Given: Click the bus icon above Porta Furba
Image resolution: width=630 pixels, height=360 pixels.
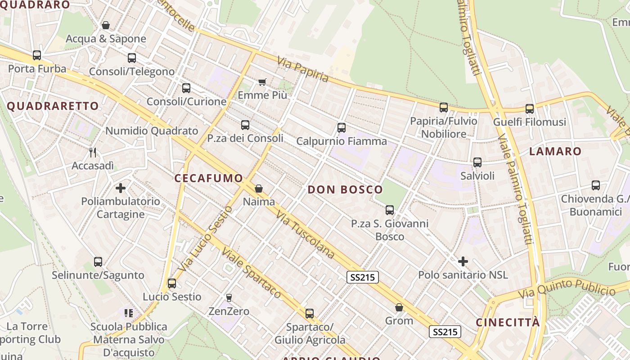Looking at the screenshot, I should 37,55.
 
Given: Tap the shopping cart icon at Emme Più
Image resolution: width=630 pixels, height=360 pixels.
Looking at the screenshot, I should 262,82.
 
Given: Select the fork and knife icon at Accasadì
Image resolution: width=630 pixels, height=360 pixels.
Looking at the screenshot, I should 93,153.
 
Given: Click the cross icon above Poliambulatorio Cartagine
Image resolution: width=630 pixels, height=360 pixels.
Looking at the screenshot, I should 121,188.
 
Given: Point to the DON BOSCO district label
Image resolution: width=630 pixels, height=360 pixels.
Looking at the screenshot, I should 345,189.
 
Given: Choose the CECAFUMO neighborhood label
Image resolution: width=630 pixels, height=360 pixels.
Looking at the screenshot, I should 209,178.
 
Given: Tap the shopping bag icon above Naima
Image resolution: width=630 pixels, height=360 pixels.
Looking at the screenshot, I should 259,188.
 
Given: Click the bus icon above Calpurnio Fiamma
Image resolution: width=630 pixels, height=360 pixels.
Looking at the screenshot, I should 342,128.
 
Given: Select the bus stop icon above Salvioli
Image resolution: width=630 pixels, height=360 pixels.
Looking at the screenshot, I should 477,162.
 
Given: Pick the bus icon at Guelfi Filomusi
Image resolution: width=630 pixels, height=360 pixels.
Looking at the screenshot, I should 530,108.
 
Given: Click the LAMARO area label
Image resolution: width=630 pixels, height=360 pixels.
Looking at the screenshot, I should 555,151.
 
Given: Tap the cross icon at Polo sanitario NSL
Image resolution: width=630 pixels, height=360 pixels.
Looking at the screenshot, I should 463,261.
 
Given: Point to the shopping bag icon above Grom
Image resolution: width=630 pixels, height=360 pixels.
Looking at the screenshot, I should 399,308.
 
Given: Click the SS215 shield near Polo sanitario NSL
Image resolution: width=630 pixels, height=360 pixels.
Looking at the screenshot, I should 363,277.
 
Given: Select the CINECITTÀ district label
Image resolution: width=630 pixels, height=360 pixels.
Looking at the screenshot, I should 508,323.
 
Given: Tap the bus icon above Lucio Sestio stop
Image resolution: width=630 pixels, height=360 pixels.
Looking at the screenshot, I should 172,283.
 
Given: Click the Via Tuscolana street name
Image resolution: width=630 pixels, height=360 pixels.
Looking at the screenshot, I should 306,234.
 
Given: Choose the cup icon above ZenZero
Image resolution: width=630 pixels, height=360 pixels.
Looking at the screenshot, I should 229,297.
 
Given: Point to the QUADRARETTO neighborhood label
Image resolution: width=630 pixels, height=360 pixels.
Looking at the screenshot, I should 53,106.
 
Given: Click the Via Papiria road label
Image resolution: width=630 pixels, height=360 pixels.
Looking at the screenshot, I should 303,70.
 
